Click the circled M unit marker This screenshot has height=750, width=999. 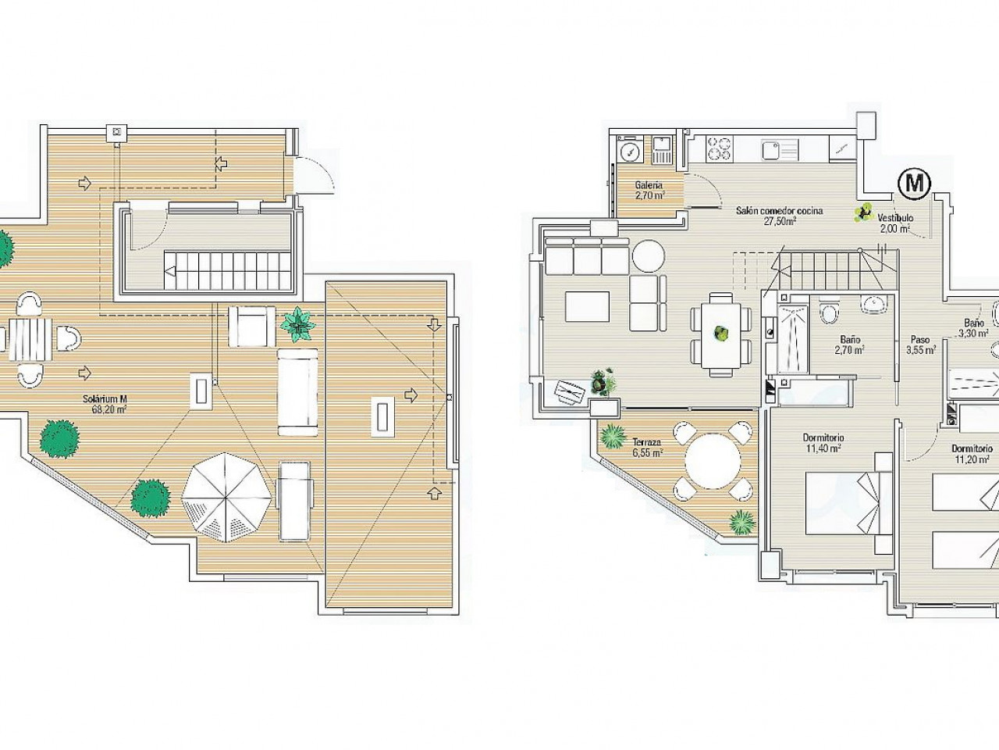coord(915,183)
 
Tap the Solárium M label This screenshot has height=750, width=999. coord(105,399)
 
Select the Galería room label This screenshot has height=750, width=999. coord(649,185)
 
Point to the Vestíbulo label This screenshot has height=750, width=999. coord(895,218)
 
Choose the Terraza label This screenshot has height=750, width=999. coord(648,441)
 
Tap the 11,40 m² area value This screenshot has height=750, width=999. coord(823,448)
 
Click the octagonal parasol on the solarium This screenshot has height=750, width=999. coord(226,498)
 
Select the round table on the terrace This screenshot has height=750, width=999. coord(713,461)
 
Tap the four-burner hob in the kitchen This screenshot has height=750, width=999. coord(720,149)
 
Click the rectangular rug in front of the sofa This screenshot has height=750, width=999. coord(587,307)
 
